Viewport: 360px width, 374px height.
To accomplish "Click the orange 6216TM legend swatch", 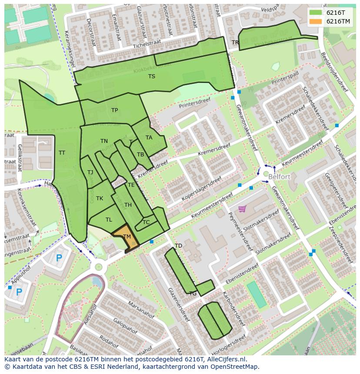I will coord(316,21).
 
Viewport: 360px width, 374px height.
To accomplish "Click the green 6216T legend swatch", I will coord(316,13).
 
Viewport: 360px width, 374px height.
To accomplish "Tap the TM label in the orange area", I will coord(127,237).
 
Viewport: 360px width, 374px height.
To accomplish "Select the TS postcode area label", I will coord(151,76).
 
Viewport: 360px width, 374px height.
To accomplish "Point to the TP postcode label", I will coord(114,110).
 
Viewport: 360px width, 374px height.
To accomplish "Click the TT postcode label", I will coord(62,153).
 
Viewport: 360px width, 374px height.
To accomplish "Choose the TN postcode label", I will coord(104,141).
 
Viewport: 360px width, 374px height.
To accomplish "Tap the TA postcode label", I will coord(149,138).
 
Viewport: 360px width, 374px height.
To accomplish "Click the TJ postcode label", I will coord(90,172).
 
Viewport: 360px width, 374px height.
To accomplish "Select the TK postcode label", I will coord(100,199).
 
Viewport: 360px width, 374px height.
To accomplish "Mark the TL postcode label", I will coord(109,220).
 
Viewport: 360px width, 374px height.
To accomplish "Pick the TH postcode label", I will coord(128,205).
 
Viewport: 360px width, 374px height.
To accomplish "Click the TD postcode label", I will coord(178,246).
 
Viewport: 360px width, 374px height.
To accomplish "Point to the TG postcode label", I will coord(193,294).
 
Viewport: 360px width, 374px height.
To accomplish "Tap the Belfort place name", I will coord(279,177).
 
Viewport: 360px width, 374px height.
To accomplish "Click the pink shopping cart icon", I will coord(242,209).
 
